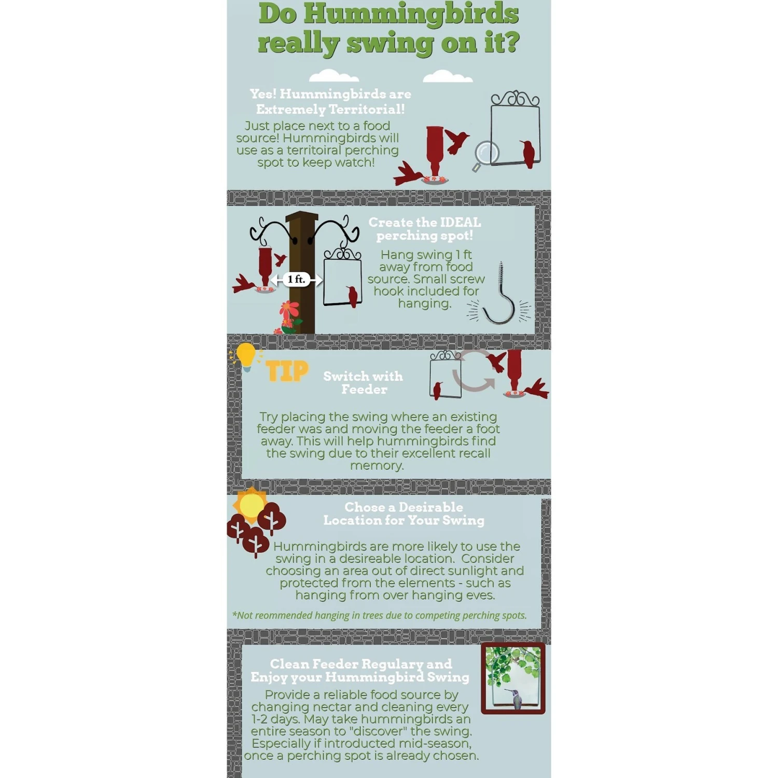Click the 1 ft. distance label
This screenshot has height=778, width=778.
click(x=297, y=280)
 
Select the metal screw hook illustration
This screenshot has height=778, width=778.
click(x=499, y=294)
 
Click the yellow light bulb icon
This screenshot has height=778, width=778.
click(x=246, y=356)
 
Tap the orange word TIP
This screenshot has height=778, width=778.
click(x=287, y=371)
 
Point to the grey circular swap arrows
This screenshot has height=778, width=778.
click(x=473, y=370)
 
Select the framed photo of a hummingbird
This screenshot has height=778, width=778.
click(x=513, y=678)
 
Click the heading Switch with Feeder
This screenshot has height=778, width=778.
click(x=363, y=382)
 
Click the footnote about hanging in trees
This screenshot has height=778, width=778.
click(x=379, y=615)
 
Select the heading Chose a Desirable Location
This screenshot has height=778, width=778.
click(x=404, y=513)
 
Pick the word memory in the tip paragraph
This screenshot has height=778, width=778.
click(x=377, y=466)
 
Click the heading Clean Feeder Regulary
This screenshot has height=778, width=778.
click(x=361, y=664)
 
